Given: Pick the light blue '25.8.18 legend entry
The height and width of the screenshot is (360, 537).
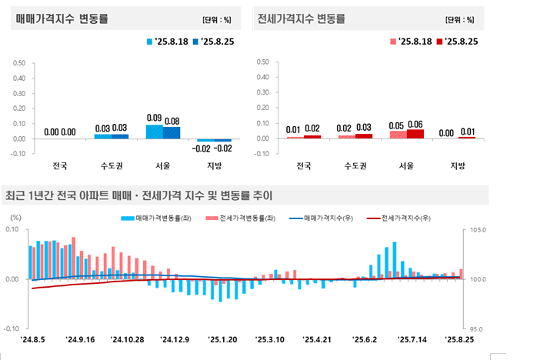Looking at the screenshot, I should tap(168, 42).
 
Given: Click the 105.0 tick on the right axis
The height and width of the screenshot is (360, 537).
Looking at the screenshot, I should tap(478, 230).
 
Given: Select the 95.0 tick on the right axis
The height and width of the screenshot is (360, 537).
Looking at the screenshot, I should tap(478, 328).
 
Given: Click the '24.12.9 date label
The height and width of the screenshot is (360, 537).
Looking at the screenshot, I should tap(175, 338).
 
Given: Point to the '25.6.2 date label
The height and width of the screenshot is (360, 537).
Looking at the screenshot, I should tap(364, 338).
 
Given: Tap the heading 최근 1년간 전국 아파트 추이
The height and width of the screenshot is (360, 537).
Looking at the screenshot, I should tap(138, 195).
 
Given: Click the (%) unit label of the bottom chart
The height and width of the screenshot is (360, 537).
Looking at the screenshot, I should tap(15, 218).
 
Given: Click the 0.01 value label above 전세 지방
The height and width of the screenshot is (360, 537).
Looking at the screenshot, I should tap(466, 132).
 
